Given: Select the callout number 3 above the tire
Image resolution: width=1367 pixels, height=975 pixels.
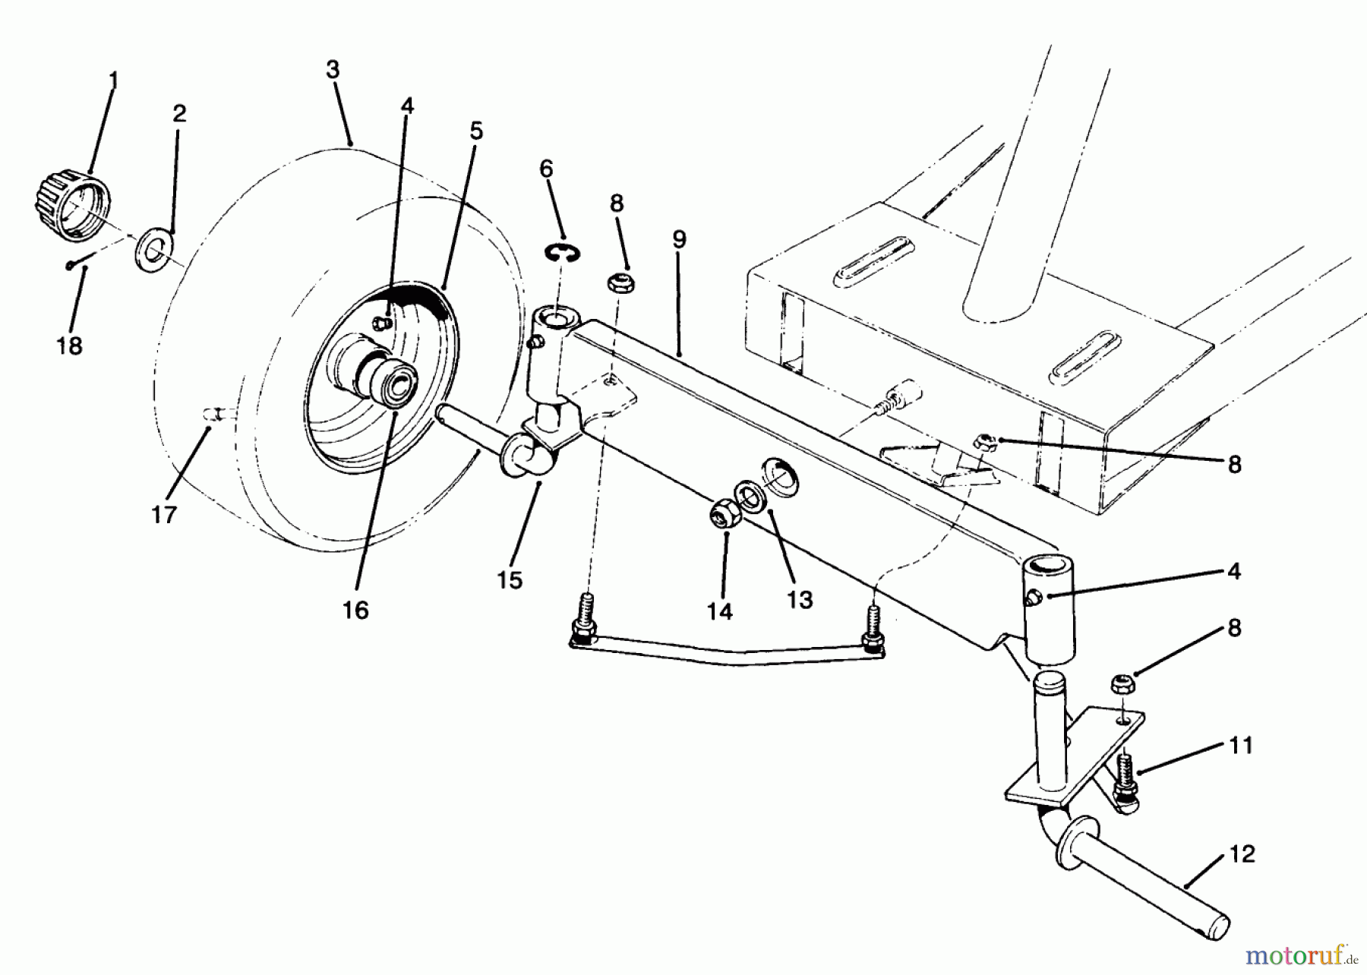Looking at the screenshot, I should (333, 70).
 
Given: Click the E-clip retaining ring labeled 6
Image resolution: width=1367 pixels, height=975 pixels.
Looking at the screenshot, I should (560, 252).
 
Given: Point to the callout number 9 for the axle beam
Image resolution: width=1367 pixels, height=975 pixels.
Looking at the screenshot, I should (679, 240).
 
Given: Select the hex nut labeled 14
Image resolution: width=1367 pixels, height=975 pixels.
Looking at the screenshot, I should (721, 515).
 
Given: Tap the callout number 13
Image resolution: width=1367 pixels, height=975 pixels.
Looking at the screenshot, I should (800, 600).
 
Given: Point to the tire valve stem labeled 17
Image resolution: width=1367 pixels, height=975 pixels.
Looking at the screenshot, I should (215, 413).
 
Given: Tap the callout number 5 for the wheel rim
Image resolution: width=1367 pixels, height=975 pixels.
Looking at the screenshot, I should (475, 131).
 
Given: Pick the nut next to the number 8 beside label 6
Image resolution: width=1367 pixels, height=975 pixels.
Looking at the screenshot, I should (620, 284).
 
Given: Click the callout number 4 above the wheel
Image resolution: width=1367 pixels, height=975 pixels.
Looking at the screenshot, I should (407, 106).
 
